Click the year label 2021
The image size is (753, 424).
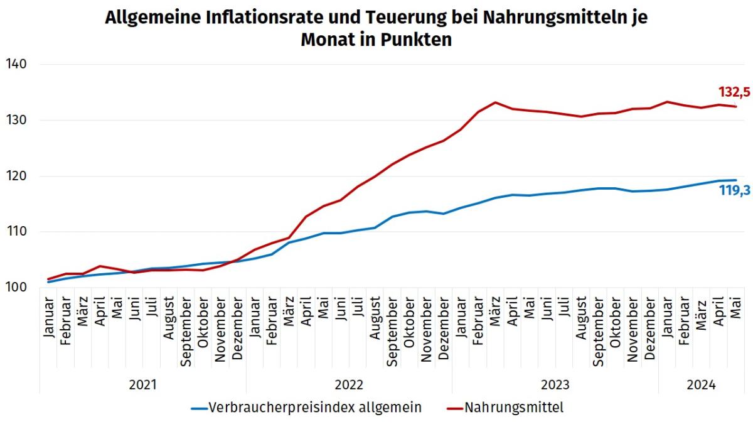point(142,385)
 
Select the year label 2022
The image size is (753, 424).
point(349,385)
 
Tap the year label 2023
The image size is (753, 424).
point(555,385)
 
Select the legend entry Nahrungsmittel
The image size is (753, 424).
point(514,408)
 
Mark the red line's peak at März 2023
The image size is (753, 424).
point(495,102)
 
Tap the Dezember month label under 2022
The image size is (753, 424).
point(443,327)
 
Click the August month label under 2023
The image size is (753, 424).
point(581,320)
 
